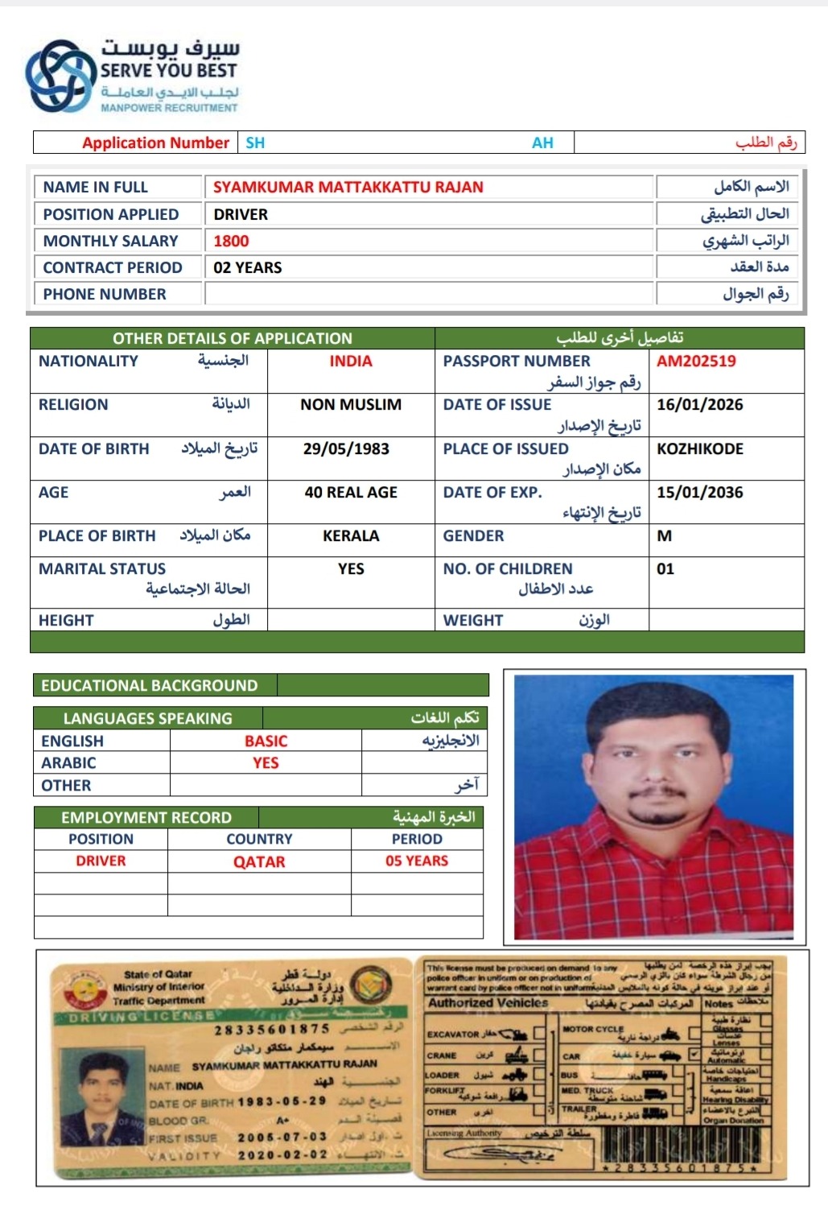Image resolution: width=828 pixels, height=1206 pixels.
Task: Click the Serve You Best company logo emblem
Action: point(60,76)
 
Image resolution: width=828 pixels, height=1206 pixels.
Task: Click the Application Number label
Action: point(155,142)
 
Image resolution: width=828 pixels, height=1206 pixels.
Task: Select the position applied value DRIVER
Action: point(241,214)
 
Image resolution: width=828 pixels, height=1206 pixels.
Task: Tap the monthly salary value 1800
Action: point(231,241)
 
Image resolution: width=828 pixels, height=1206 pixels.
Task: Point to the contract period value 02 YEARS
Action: point(248,267)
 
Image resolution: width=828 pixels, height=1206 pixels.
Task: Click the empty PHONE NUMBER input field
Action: point(428,294)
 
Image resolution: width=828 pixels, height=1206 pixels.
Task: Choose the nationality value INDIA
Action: point(351,361)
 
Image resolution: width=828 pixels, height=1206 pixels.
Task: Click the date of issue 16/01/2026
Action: point(699,405)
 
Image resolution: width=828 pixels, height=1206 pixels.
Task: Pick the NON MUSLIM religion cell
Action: point(351,405)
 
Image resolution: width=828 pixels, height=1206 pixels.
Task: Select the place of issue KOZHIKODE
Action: point(699,449)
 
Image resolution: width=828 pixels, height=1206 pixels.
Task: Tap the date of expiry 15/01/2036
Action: point(699,493)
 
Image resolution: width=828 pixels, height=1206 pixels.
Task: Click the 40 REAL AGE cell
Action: point(351,493)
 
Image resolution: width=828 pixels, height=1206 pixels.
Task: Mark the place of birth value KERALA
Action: point(351,536)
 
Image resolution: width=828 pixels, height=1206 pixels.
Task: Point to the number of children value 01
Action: point(665,569)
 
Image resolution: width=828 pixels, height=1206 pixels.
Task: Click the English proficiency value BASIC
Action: point(266,741)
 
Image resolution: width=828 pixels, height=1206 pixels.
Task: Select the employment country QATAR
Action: point(259,861)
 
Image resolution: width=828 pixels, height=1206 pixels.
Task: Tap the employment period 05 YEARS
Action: point(417,861)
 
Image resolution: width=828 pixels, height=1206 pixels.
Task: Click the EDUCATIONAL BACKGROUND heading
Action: point(150,686)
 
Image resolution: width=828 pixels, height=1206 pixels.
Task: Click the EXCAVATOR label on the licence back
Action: point(452,1035)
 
